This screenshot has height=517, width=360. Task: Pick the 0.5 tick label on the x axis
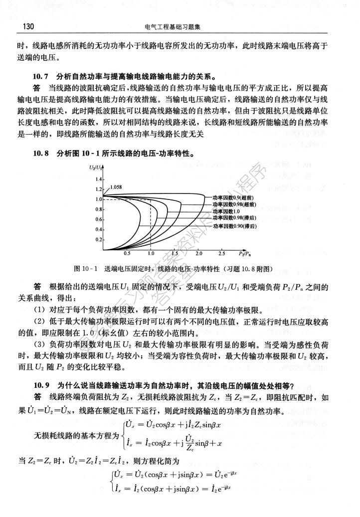tap(127, 254)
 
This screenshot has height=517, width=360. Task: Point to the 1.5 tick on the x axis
tap(175, 254)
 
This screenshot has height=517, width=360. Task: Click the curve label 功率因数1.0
tap(227, 211)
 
